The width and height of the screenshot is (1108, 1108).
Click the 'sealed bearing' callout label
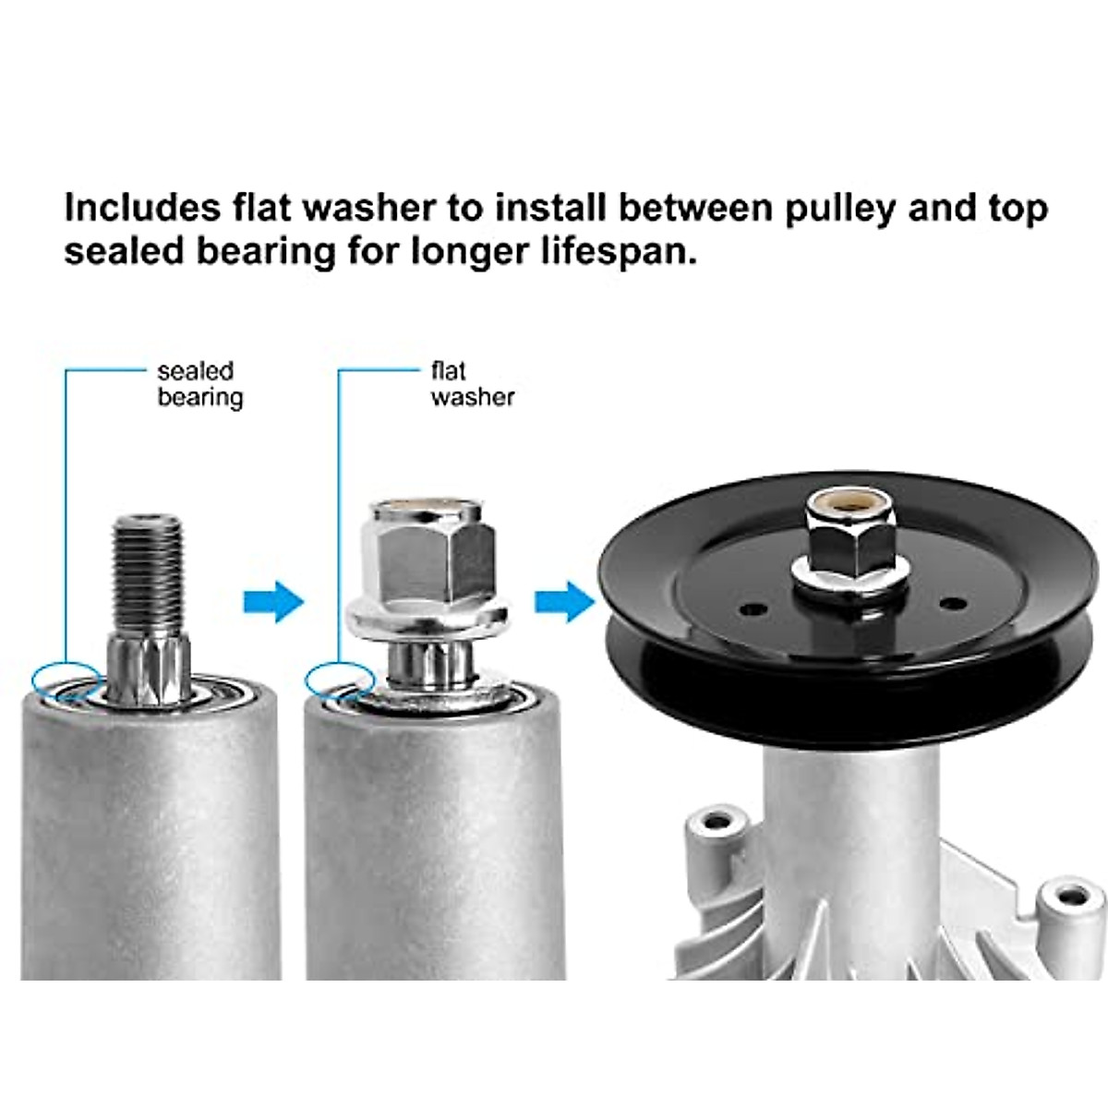pyautogui.click(x=199, y=384)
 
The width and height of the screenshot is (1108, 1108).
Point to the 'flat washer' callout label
pyautogui.click(x=472, y=384)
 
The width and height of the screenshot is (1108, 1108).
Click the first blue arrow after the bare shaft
pyautogui.click(x=273, y=603)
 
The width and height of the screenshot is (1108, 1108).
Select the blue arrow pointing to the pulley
pyautogui.click(x=564, y=603)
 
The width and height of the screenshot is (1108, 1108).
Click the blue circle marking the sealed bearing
pyautogui.click(x=66, y=680)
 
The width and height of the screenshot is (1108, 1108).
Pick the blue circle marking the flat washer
pyautogui.click(x=339, y=680)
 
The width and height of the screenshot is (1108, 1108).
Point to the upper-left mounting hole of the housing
pyautogui.click(x=716, y=821)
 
